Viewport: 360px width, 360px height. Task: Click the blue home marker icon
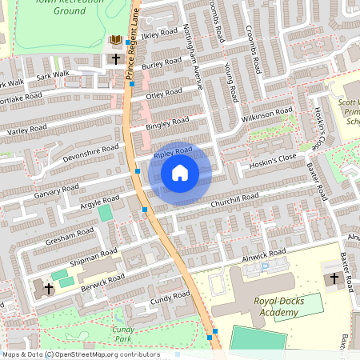click(x=180, y=173)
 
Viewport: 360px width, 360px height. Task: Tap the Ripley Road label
click(x=173, y=150)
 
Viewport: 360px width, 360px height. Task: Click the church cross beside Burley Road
click(x=116, y=59)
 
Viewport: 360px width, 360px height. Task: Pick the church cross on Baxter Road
click(x=333, y=278)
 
